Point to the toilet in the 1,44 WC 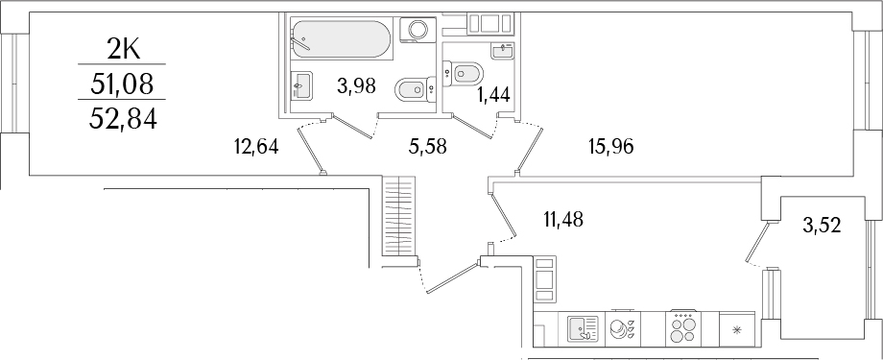pyautogui.click(x=467, y=72)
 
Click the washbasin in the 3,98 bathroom pyautogui.click(x=300, y=85)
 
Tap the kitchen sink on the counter pyautogui.click(x=583, y=329)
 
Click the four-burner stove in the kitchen pyautogui.click(x=684, y=329)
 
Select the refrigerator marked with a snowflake pyautogui.click(x=737, y=329)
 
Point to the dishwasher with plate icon pyautogui.click(x=625, y=329)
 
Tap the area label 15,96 pyautogui.click(x=610, y=147)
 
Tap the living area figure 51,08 pyautogui.click(x=121, y=84)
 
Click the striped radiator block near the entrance pyautogui.click(x=397, y=216)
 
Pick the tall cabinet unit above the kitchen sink pyautogui.click(x=545, y=277)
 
